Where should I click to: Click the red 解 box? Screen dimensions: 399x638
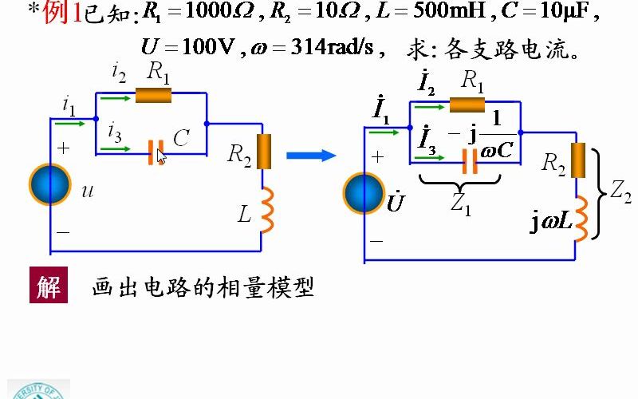tap(49, 285)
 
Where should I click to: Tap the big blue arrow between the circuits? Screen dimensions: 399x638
tap(311, 155)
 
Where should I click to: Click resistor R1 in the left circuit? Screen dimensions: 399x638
tap(153, 95)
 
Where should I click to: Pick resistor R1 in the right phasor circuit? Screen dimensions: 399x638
tap(467, 104)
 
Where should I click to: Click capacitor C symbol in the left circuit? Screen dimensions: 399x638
tap(156, 151)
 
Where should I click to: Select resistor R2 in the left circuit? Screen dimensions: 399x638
tap(263, 152)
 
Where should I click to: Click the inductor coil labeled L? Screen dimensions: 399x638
tap(266, 210)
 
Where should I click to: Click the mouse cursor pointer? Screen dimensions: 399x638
tap(162, 156)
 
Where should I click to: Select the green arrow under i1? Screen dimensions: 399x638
tap(71, 124)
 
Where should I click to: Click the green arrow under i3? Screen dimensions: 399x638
tap(116, 148)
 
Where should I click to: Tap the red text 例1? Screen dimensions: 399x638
tap(63, 13)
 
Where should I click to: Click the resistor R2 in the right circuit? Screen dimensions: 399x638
tap(578, 160)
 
